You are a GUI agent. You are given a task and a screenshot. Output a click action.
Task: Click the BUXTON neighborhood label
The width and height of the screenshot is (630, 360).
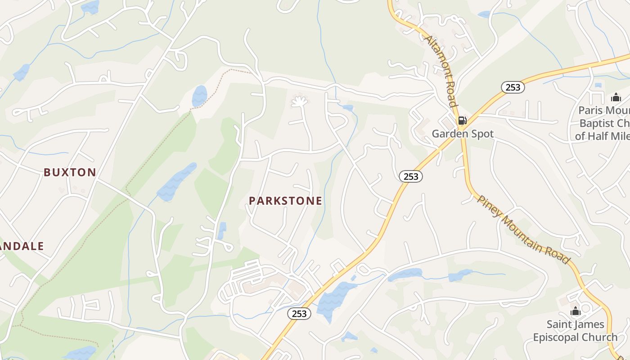pyautogui.click(x=70, y=172)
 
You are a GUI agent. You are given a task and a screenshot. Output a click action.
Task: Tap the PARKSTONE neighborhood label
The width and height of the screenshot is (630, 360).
pyautogui.click(x=285, y=201)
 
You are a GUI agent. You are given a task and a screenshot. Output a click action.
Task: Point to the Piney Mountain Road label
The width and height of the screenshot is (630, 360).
pyautogui.click(x=523, y=230)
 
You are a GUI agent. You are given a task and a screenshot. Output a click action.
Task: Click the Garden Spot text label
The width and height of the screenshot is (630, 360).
pyautogui.click(x=463, y=134)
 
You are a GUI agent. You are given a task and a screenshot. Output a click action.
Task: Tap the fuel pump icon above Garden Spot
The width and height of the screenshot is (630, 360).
pyautogui.click(x=462, y=121)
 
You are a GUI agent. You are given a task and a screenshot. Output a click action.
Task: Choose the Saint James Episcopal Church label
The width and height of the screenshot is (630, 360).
pyautogui.click(x=575, y=331)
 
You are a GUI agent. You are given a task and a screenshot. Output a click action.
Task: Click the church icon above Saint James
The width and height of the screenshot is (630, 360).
pyautogui.click(x=575, y=311)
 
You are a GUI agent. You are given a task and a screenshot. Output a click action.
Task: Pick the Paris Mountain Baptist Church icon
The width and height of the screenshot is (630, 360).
pyautogui.click(x=616, y=97)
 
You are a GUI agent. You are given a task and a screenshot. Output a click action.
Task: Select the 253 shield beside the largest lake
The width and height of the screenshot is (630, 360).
pyautogui.click(x=299, y=314)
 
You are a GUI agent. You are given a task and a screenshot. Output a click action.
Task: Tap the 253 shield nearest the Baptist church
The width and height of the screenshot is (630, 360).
pyautogui.click(x=513, y=87)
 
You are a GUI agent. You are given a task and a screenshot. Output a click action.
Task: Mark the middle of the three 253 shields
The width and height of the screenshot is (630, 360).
pyautogui.click(x=410, y=177)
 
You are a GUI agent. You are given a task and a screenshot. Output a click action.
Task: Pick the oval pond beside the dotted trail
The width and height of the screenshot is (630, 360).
pyautogui.click(x=199, y=96)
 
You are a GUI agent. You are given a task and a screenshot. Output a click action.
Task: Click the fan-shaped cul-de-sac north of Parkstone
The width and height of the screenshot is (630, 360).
pyautogui.click(x=299, y=102)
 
